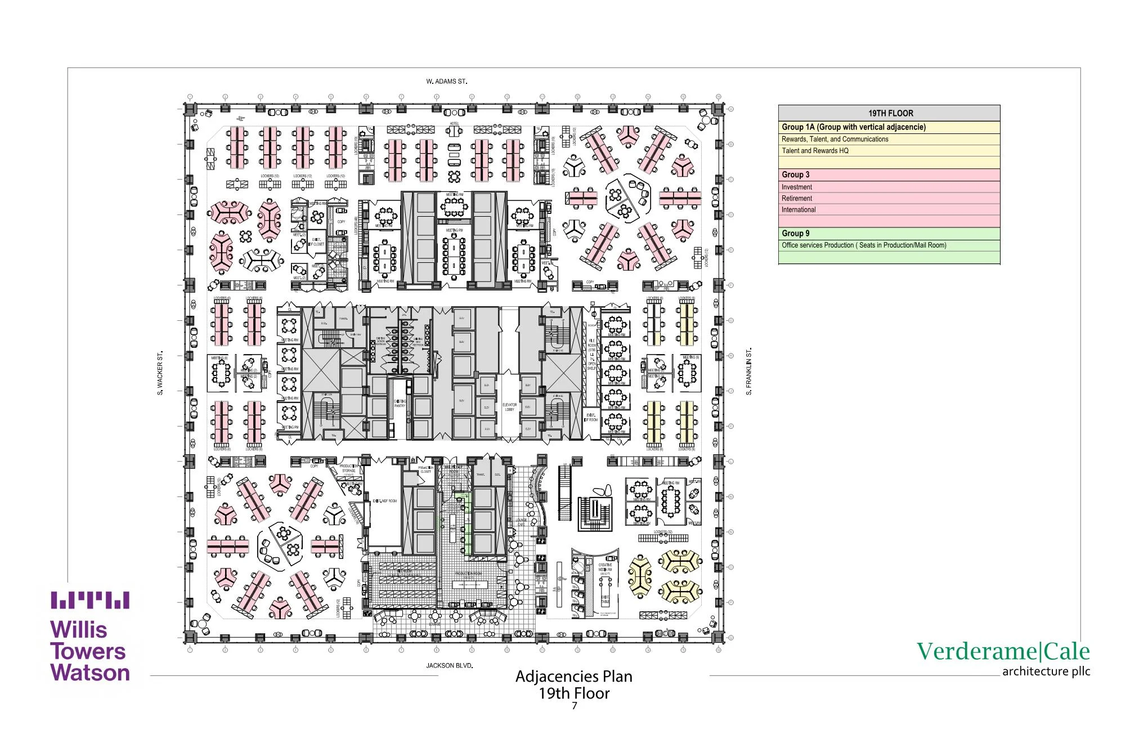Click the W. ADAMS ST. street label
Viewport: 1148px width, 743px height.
(x=446, y=81)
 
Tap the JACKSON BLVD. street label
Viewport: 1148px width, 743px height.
(x=449, y=665)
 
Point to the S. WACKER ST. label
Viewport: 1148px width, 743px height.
(x=160, y=373)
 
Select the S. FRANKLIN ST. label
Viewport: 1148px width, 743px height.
(x=749, y=371)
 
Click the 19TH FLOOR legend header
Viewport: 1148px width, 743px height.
(x=890, y=113)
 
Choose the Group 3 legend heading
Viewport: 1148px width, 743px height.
(x=795, y=174)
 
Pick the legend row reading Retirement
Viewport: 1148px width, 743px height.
(x=796, y=198)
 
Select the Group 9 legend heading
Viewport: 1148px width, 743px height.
(x=795, y=233)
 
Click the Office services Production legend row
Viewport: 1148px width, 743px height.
(x=863, y=245)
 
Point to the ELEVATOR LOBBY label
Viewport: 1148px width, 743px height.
(x=509, y=407)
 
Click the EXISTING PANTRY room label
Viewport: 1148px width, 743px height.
(x=400, y=403)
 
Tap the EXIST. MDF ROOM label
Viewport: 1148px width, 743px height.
(x=385, y=500)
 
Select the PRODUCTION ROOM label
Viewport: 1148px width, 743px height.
(x=468, y=574)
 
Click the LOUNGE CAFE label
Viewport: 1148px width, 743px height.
(x=522, y=522)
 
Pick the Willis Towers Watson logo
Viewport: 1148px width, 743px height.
(x=90, y=637)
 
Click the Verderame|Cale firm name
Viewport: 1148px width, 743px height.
(x=1003, y=651)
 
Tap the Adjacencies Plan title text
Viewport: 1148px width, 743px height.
(x=573, y=676)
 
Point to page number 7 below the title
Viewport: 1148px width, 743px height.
(x=574, y=706)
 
